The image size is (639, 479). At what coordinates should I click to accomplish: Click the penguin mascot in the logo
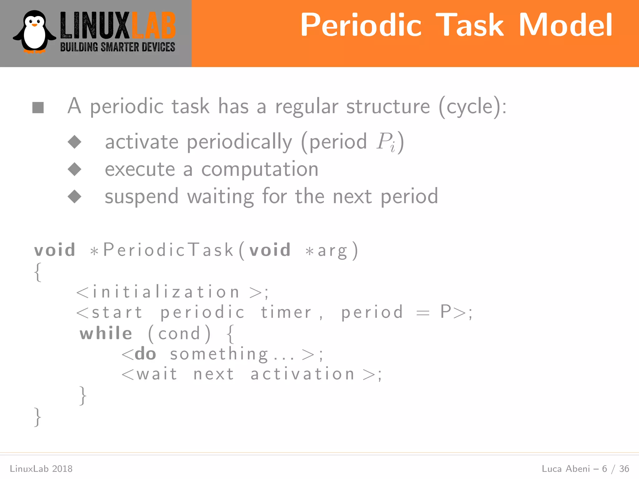34,32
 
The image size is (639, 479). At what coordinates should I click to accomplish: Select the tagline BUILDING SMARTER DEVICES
118,47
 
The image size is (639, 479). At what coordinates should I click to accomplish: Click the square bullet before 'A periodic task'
38,108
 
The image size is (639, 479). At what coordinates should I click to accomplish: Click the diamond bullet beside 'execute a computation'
75,169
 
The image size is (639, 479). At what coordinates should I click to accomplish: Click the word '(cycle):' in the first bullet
472,107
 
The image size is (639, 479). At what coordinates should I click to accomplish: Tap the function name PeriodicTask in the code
168,250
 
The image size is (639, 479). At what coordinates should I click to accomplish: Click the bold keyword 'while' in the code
106,333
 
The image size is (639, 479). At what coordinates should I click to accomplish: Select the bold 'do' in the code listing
145,354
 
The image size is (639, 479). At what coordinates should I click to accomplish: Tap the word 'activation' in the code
303,374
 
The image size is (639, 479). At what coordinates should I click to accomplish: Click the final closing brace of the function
37,417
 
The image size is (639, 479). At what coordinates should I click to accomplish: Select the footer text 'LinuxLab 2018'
41,469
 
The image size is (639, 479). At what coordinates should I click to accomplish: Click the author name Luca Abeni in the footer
566,469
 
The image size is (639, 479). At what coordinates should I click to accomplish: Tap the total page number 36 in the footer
624,469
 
